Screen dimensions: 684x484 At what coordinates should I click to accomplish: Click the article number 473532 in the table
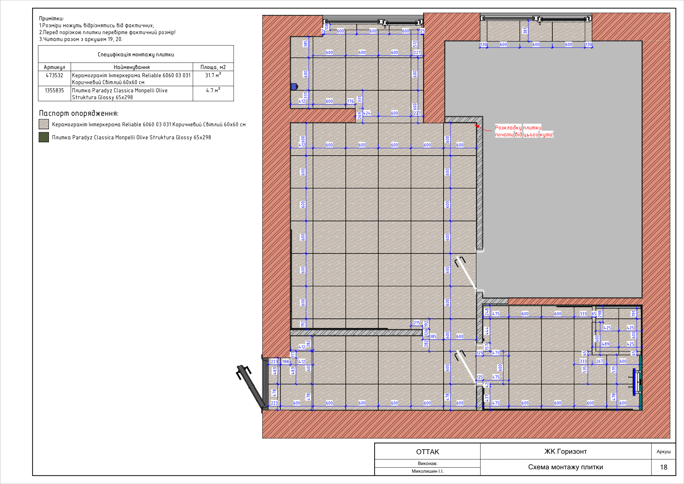click(54, 75)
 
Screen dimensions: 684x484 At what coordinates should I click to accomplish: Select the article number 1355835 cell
click(54, 90)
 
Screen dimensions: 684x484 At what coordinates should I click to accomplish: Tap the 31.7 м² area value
click(213, 75)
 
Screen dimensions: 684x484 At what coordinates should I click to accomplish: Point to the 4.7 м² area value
click(213, 90)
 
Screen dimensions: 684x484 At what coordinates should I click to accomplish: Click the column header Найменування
click(132, 67)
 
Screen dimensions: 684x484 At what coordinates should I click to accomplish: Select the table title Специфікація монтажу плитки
click(136, 54)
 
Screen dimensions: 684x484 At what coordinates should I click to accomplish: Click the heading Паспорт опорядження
click(79, 113)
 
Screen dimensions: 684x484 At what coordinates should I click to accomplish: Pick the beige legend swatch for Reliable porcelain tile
click(44, 124)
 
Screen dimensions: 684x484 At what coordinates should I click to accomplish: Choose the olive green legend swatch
click(44, 137)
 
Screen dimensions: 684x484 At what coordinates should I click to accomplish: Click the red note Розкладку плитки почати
click(524, 131)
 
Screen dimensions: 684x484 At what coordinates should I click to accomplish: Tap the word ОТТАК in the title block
click(428, 452)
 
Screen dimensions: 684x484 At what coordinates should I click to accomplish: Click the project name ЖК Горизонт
click(566, 452)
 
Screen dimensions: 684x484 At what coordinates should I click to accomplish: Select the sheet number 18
click(663, 467)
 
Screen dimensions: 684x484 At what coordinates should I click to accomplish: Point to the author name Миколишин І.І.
click(428, 471)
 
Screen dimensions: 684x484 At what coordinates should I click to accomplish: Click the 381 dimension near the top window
click(525, 31)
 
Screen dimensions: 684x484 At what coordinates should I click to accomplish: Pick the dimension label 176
click(350, 101)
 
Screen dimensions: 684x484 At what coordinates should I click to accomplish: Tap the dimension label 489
click(605, 344)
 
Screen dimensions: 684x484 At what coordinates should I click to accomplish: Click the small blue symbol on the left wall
click(294, 87)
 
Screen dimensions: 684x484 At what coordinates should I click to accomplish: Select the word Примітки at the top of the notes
click(51, 18)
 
